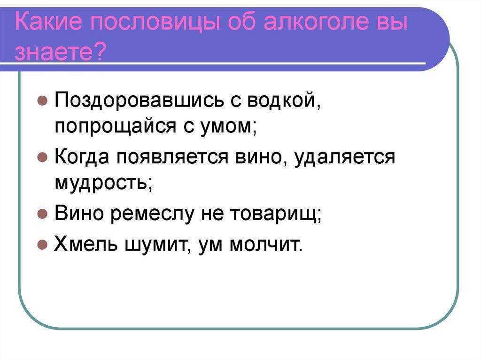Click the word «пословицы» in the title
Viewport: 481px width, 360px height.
click(x=155, y=23)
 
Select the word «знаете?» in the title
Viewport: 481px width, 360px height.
click(x=60, y=51)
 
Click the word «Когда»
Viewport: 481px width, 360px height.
click(x=82, y=157)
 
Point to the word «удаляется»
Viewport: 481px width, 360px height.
click(x=344, y=157)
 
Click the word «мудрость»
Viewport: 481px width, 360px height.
click(x=103, y=183)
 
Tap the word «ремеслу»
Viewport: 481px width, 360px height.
click(x=152, y=214)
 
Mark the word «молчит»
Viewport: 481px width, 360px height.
click(x=266, y=245)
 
